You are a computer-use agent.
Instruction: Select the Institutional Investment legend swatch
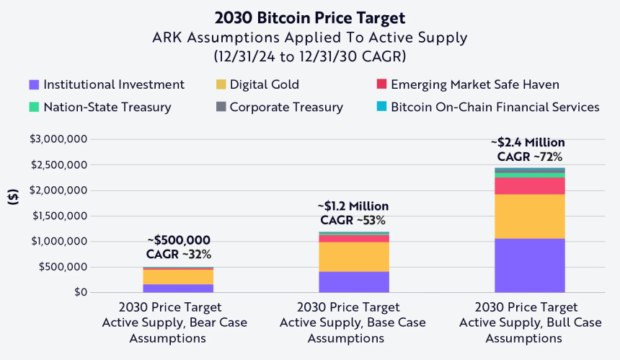[33, 85]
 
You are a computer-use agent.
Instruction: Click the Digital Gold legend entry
[257, 85]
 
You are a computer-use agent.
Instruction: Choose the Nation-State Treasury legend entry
[99, 107]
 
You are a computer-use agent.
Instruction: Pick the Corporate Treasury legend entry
[279, 107]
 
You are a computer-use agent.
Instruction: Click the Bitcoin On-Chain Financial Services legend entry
[487, 107]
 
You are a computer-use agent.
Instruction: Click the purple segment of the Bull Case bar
[529, 265]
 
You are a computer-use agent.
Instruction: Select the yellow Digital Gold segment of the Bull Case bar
[529, 216]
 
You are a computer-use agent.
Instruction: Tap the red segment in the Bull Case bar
[529, 185]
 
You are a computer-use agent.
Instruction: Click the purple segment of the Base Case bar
[353, 281]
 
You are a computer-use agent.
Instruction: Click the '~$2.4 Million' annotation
[529, 143]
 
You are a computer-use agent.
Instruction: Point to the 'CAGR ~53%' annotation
[353, 220]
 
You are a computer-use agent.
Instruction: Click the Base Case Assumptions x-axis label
[353, 322]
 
